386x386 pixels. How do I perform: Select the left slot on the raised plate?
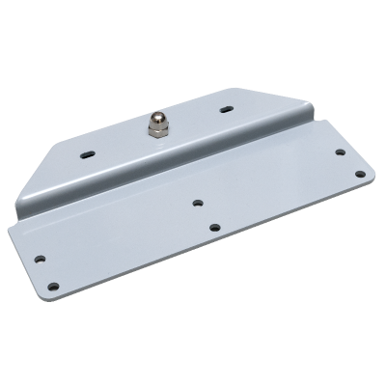click(x=89, y=152)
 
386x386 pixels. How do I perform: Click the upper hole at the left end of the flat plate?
click(x=41, y=259)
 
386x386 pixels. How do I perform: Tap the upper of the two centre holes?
click(x=197, y=204)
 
